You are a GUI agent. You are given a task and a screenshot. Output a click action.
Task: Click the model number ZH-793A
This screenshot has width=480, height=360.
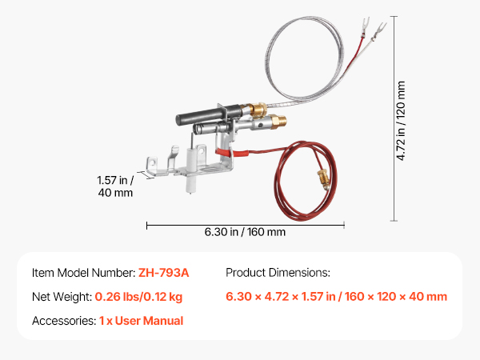tap(163, 273)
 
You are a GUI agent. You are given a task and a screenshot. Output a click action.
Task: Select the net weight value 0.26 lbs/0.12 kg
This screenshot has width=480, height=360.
tap(138, 297)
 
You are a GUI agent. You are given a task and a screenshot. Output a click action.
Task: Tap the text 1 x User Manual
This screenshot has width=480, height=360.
tap(141, 321)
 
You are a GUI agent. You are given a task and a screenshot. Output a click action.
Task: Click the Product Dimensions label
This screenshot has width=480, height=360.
tap(278, 273)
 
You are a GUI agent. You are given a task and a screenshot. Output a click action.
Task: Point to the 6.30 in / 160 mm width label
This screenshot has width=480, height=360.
tap(245, 232)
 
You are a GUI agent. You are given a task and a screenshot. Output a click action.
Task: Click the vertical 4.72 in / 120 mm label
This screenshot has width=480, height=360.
tap(401, 121)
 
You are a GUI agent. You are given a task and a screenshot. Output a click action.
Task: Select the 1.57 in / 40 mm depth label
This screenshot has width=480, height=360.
tap(115, 186)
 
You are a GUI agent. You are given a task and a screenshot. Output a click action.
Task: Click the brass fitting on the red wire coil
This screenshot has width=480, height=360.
tap(323, 179)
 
